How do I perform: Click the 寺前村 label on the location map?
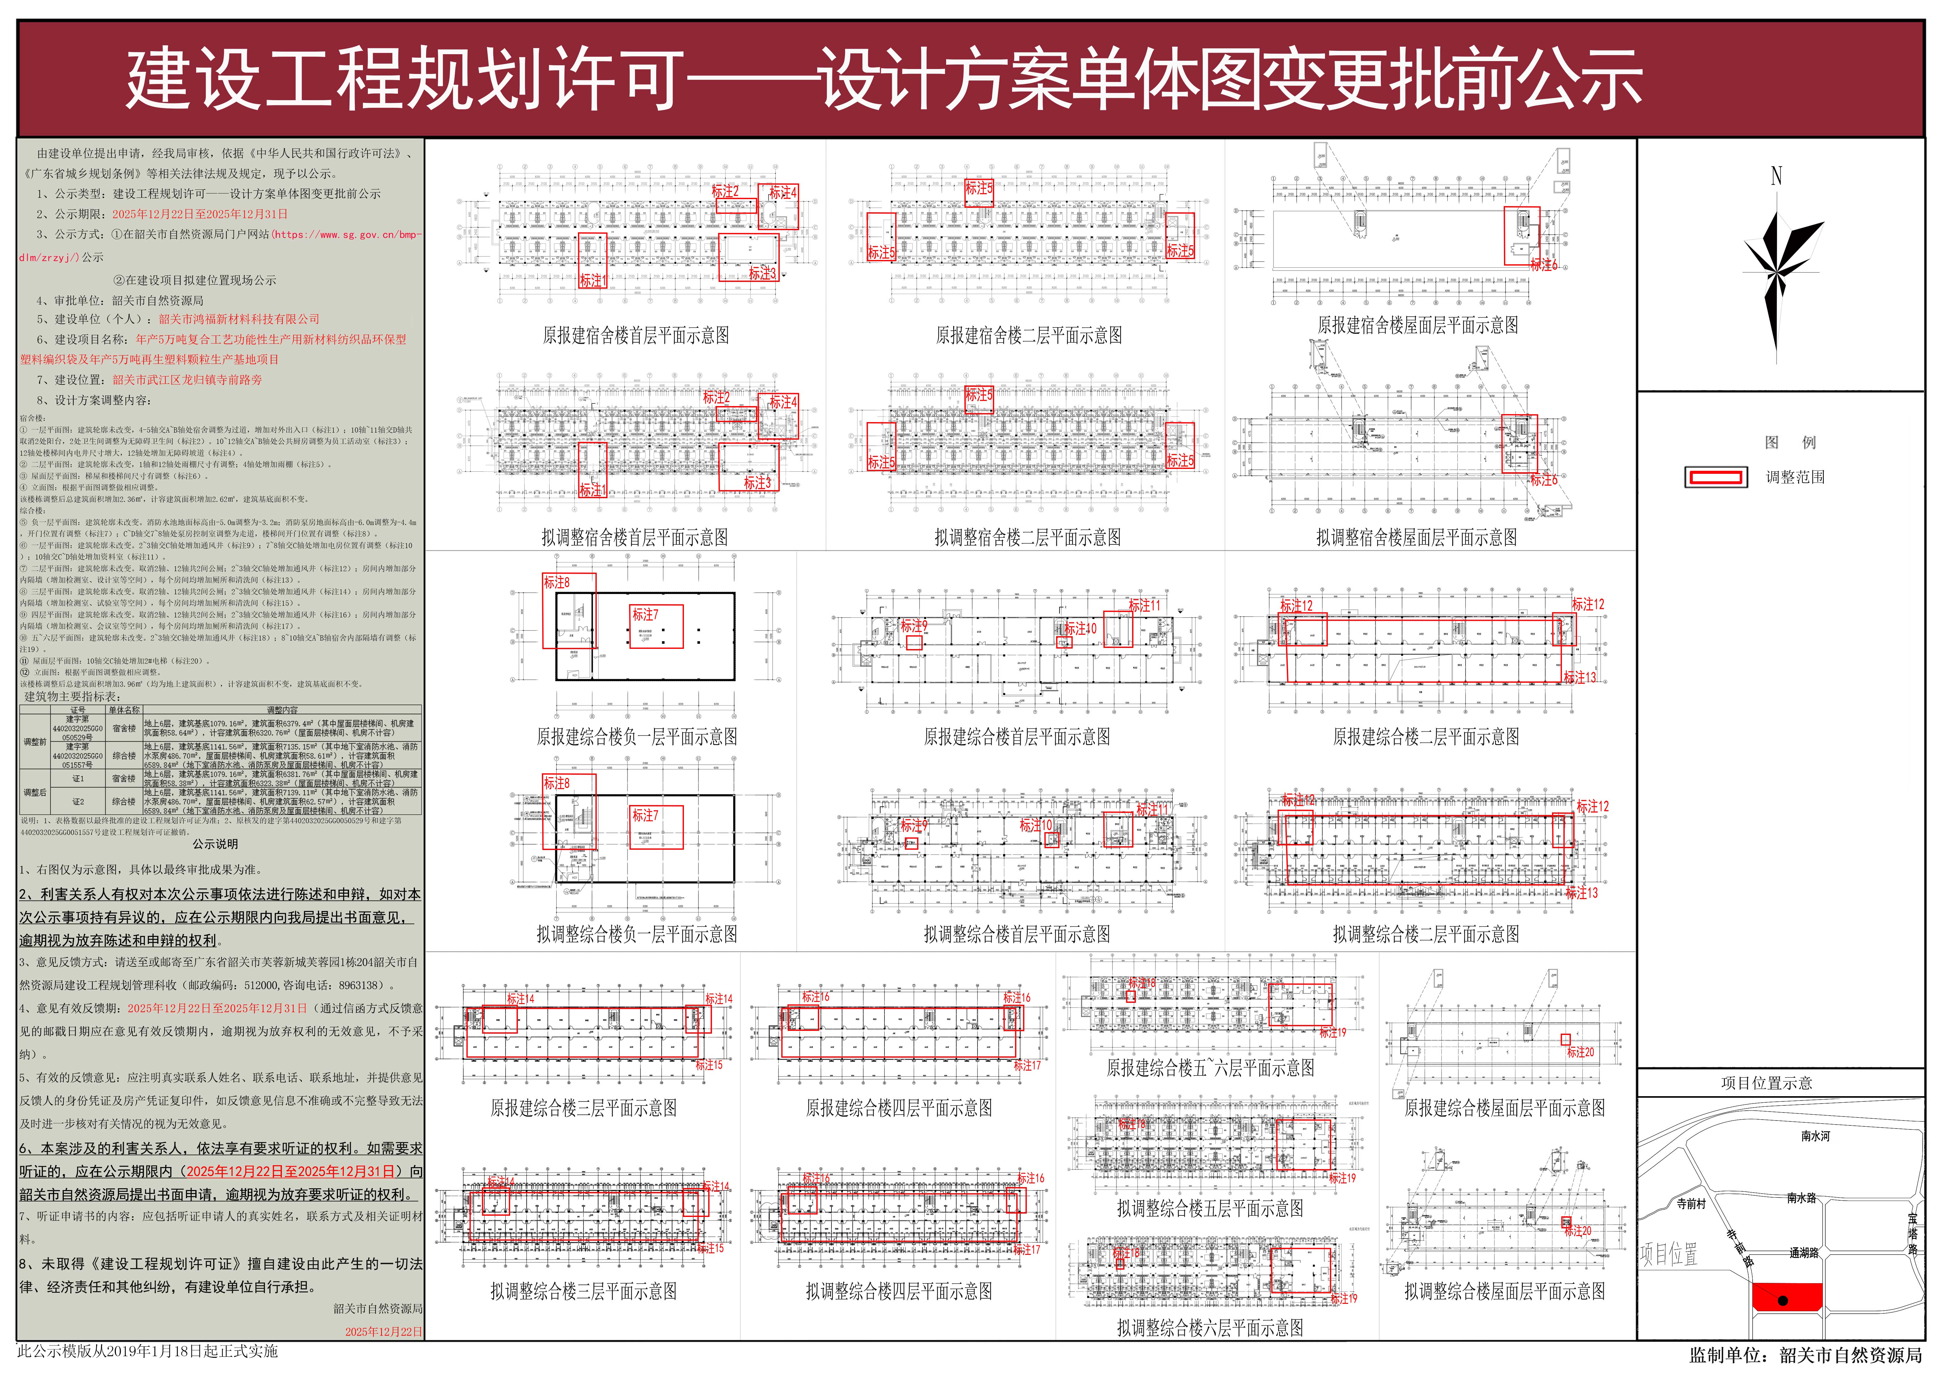(1692, 1203)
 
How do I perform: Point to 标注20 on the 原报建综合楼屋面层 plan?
(1580, 1052)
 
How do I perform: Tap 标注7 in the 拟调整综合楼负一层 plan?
(645, 815)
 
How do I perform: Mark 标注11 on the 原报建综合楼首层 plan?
(1144, 605)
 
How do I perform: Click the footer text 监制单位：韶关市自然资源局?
(1805, 1356)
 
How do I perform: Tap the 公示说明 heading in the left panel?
(215, 844)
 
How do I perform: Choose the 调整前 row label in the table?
(35, 742)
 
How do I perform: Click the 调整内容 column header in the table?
(282, 710)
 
